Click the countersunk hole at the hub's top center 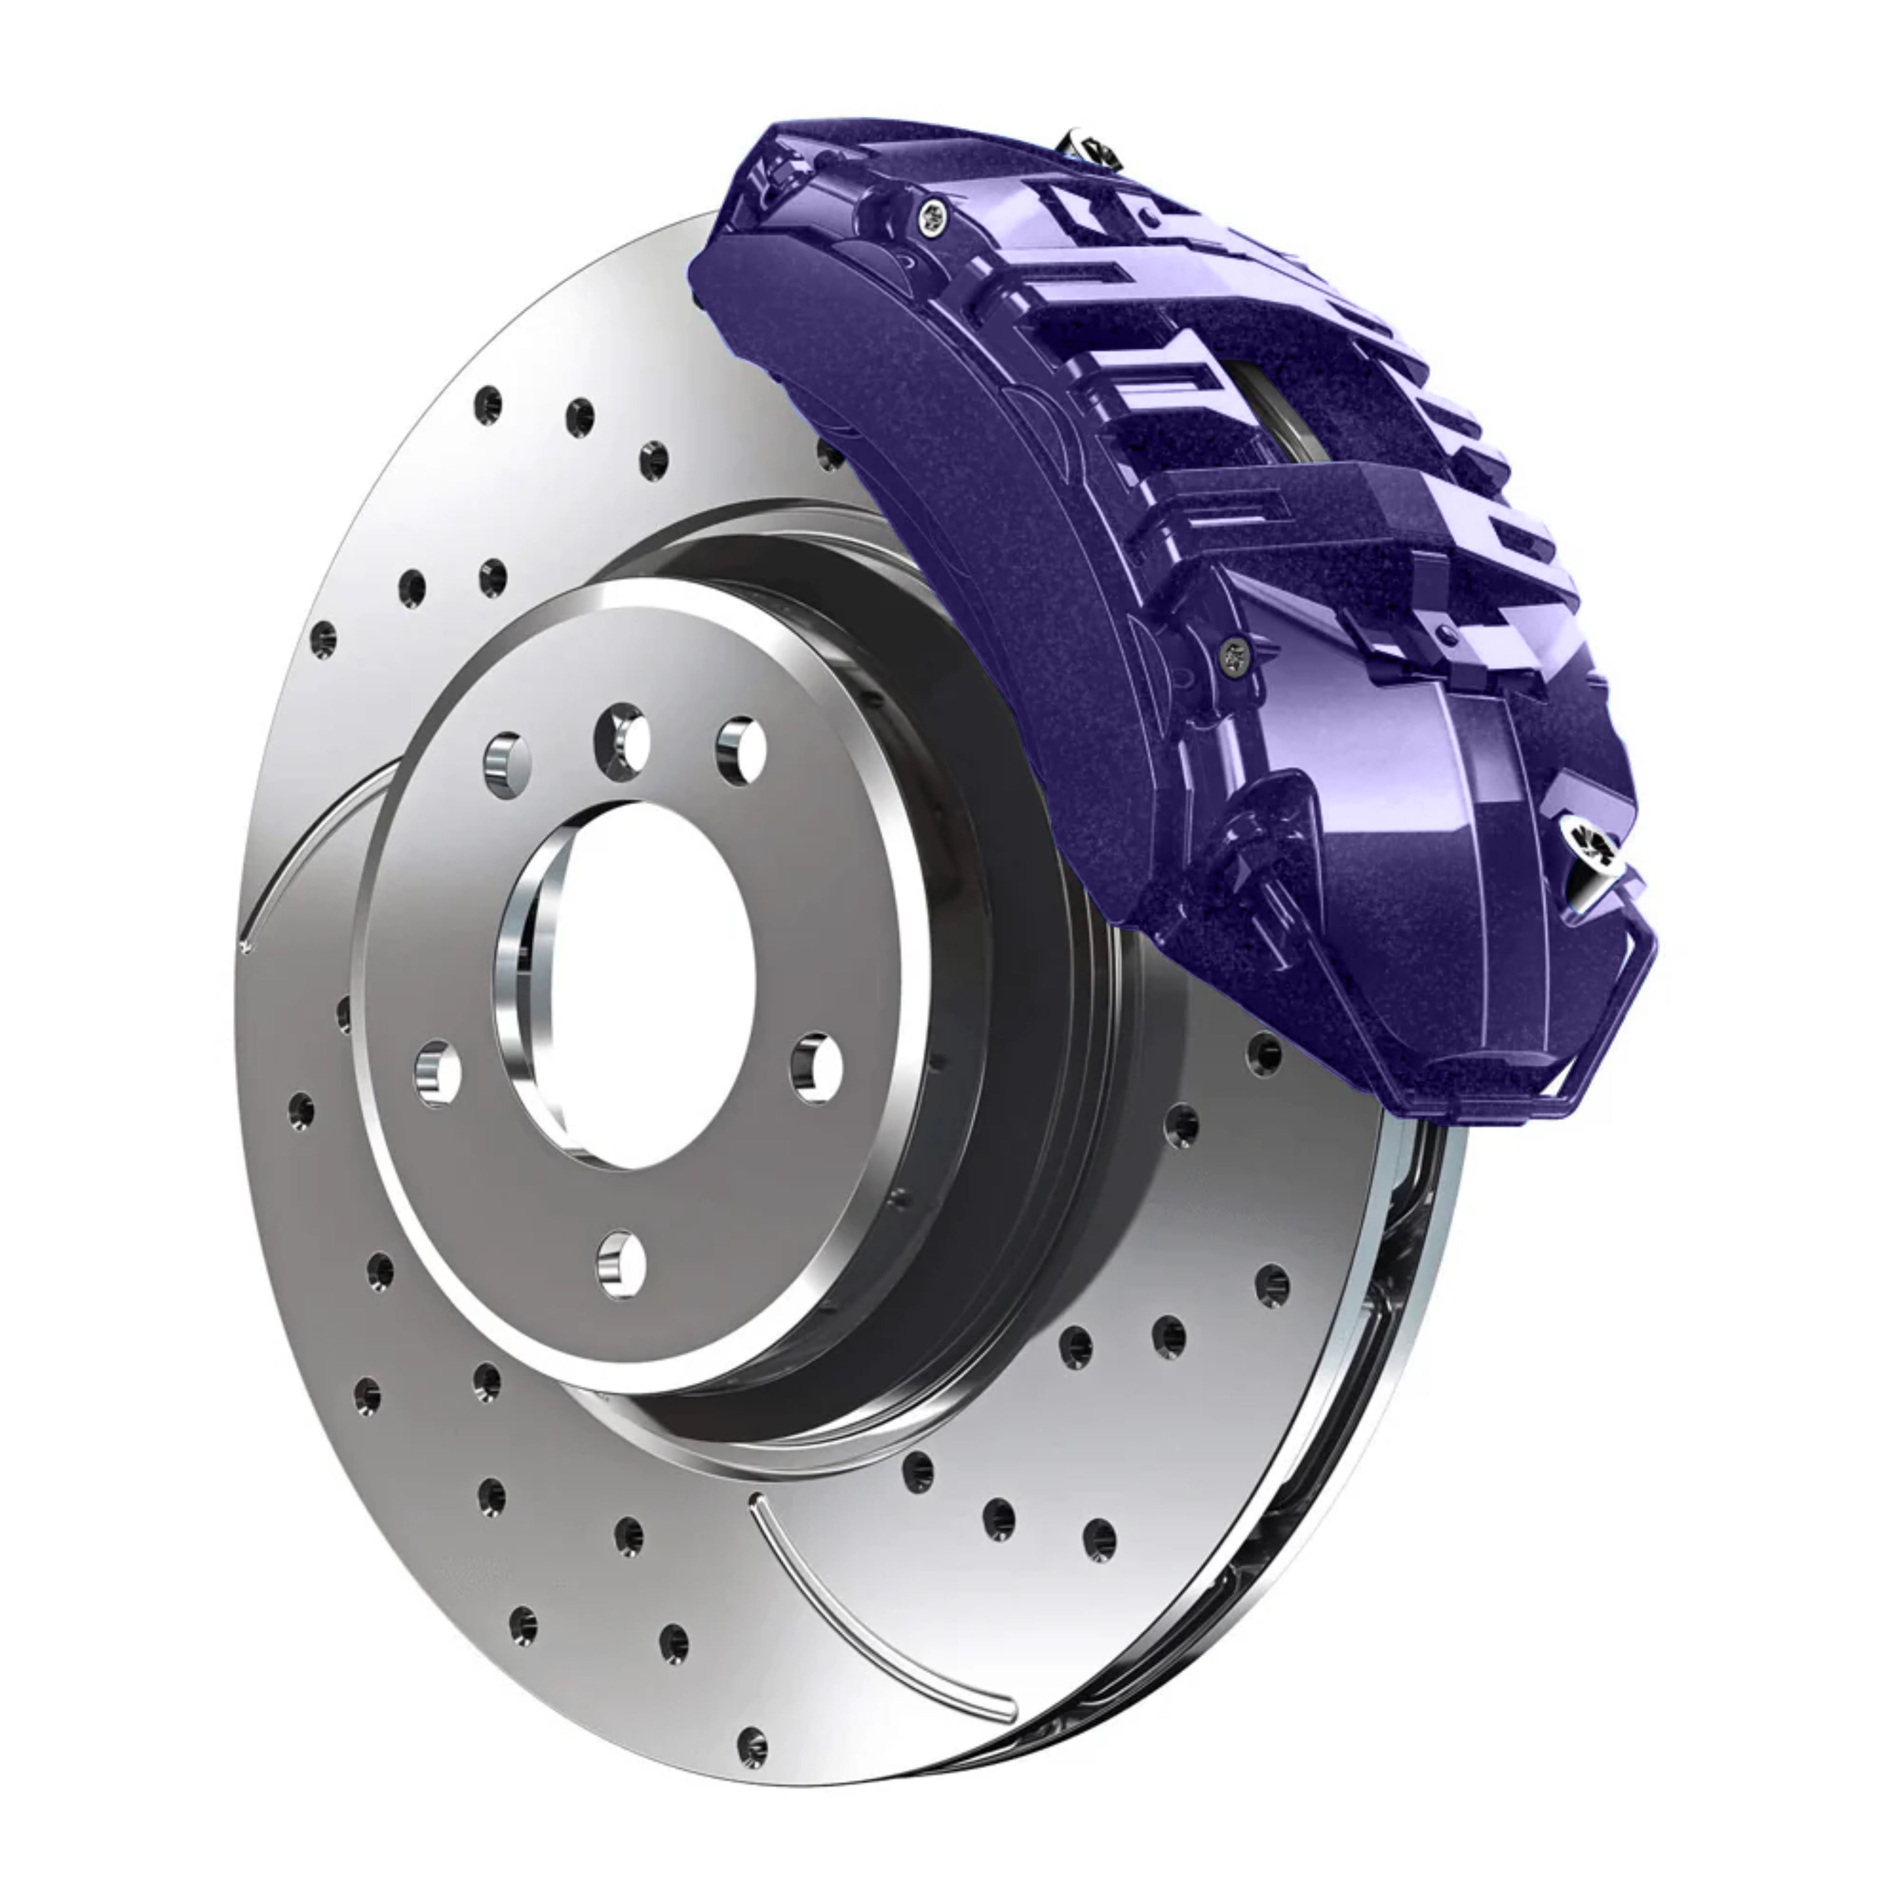click(x=623, y=740)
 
